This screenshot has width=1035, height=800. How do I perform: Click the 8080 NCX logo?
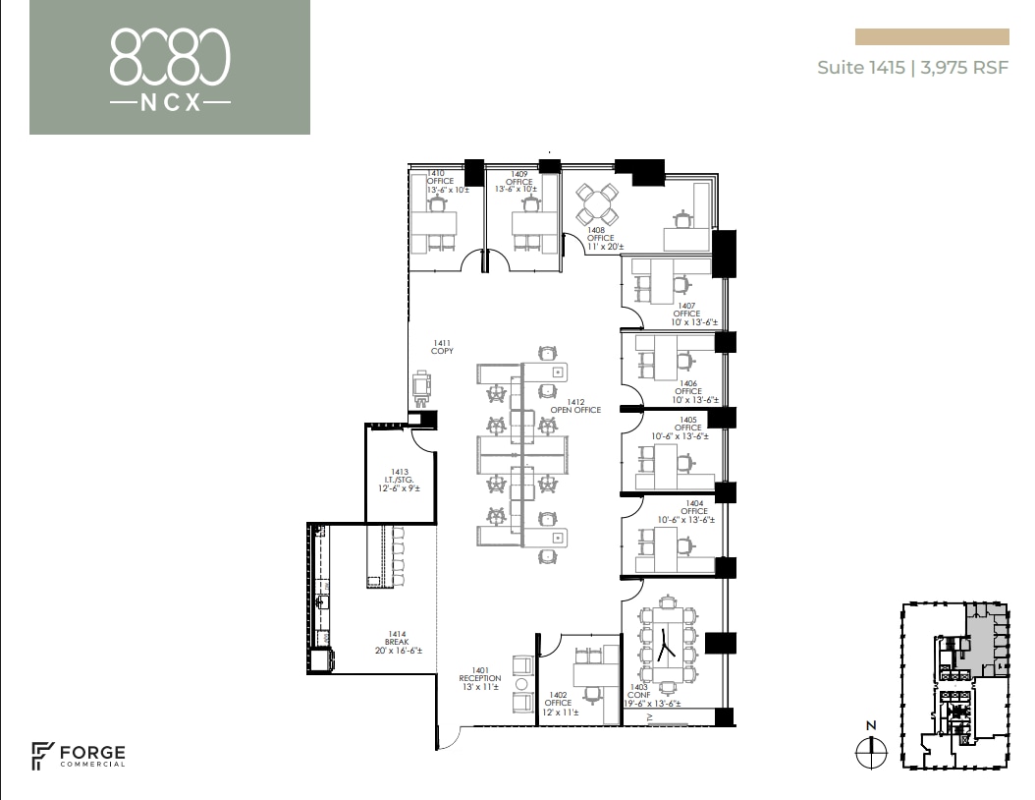coord(170,68)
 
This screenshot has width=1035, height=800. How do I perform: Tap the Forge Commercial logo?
coord(79,755)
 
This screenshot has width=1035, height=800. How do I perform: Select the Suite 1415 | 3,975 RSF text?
coord(912,69)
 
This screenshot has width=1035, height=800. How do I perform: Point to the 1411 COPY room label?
coord(442,347)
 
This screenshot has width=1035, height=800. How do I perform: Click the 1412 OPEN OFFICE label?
coord(568,406)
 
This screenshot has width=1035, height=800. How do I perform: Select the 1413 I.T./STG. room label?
coord(400,479)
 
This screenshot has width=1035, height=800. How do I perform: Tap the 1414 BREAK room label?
coord(398,643)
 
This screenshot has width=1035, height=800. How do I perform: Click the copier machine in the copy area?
coord(422,386)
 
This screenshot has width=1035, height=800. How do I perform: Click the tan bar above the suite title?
coord(932,37)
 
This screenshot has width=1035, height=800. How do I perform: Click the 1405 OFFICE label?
coord(687,428)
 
